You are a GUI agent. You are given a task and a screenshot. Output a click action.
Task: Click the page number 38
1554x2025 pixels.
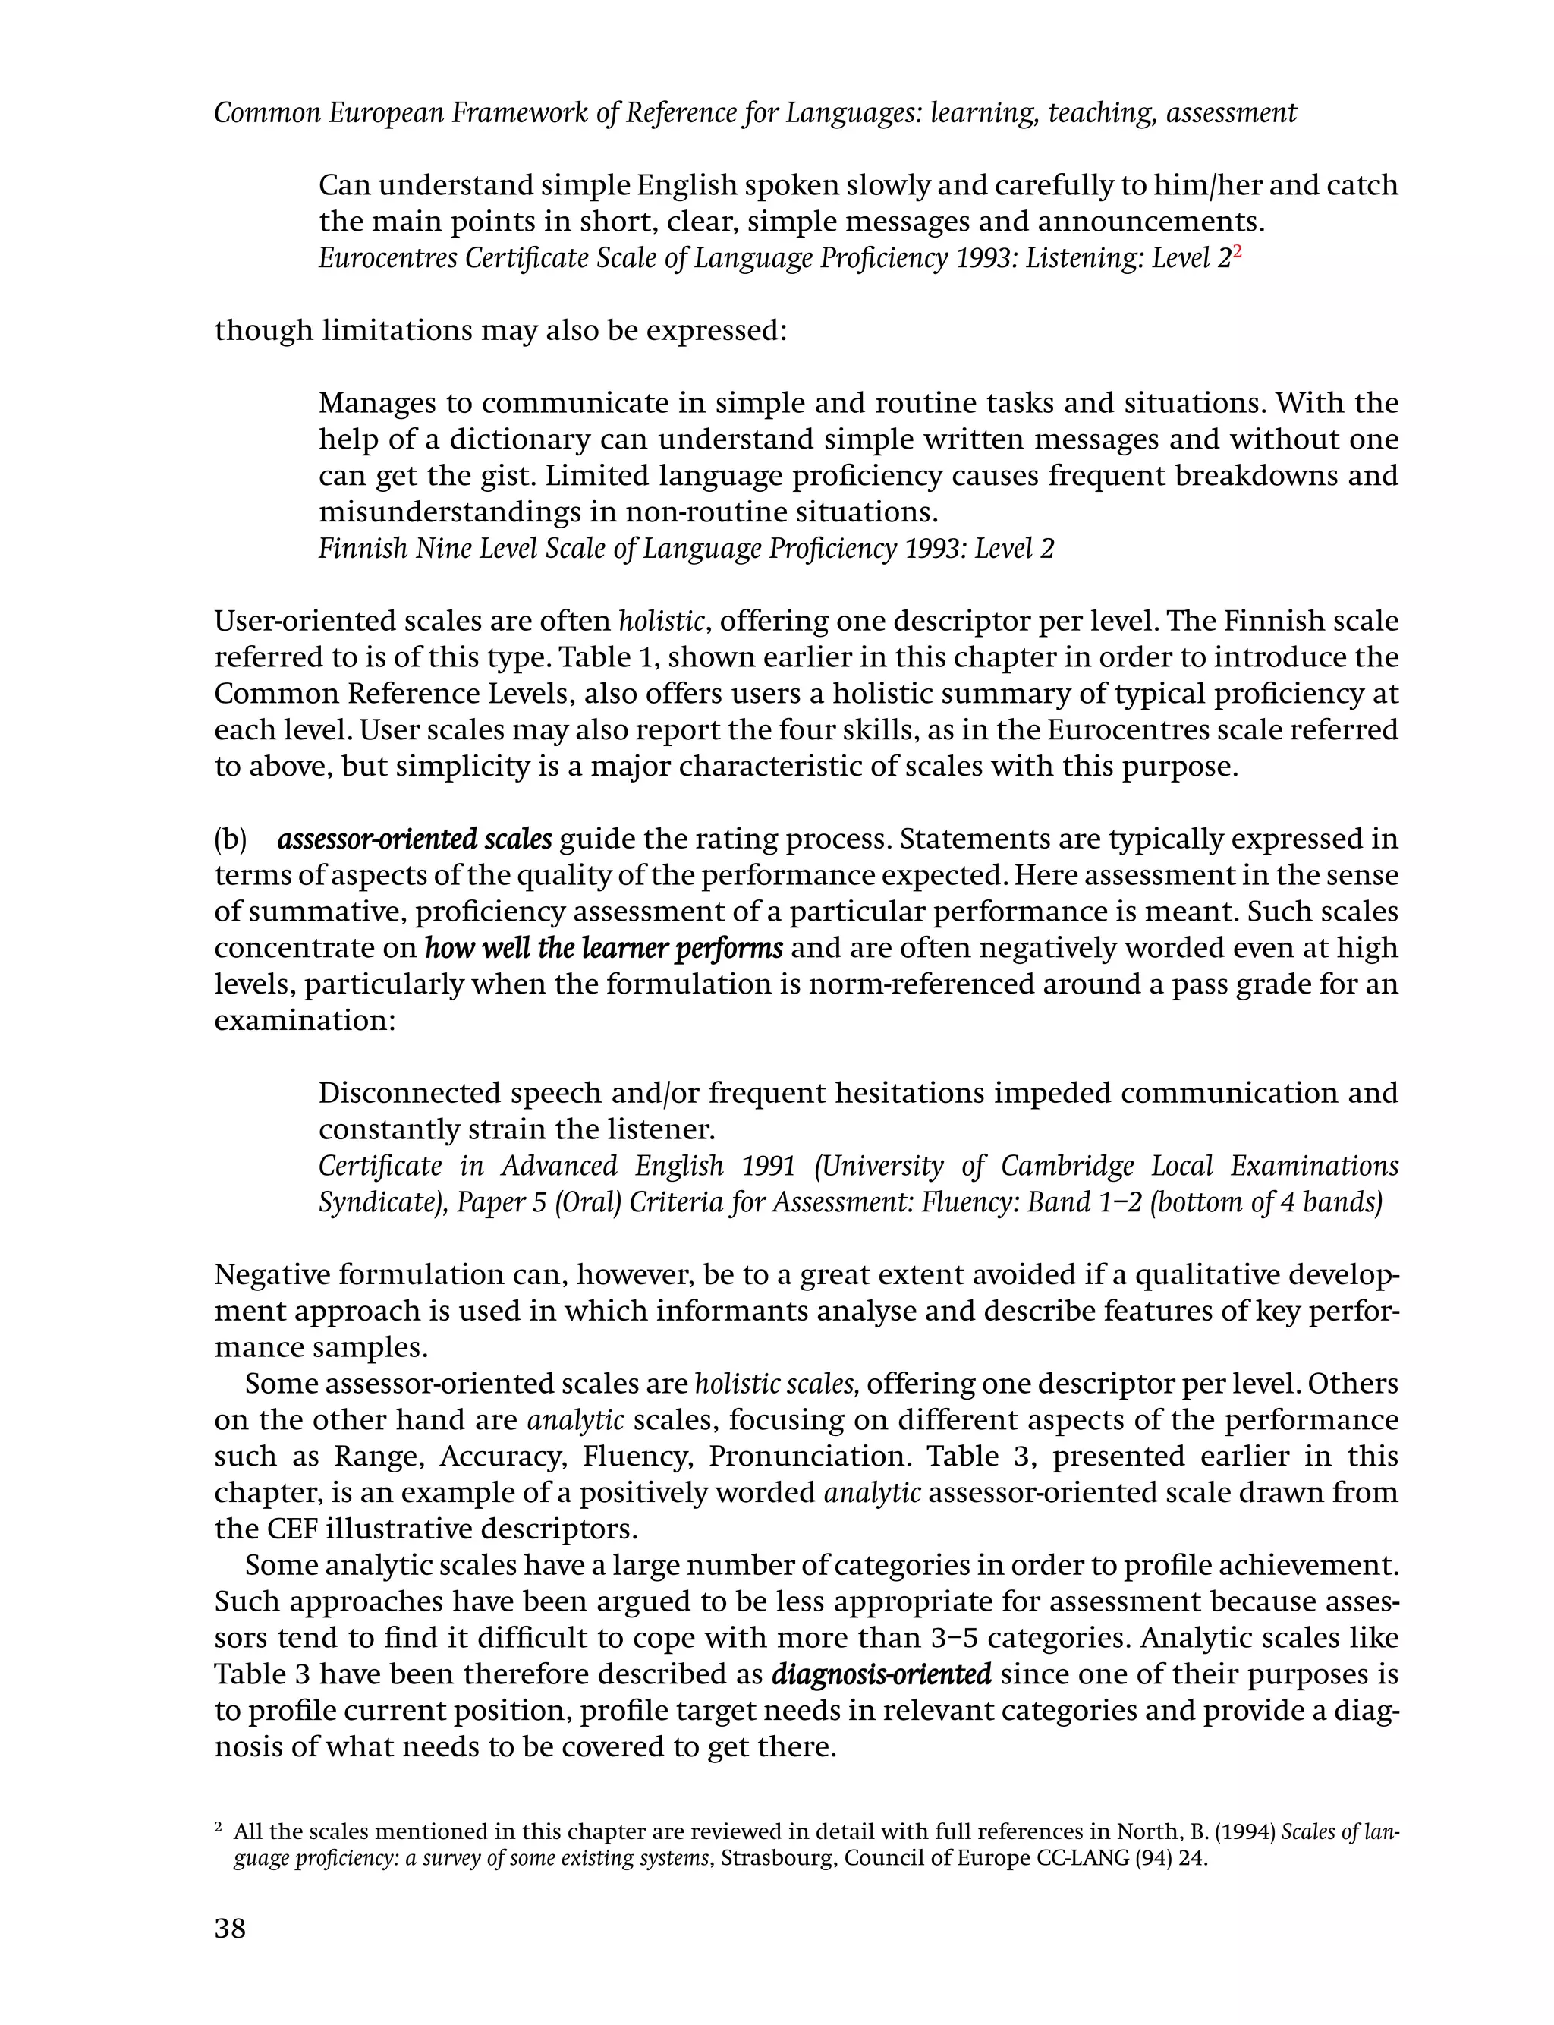231,1928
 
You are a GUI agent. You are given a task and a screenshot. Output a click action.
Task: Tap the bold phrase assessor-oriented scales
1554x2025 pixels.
414,839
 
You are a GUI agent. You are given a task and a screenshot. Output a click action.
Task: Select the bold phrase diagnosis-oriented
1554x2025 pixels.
881,1674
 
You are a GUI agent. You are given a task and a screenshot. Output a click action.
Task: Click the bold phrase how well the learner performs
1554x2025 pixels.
603,948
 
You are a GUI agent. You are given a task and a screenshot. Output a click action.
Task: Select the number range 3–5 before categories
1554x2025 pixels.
955,1639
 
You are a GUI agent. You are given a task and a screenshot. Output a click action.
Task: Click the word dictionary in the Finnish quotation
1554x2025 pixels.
524,439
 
